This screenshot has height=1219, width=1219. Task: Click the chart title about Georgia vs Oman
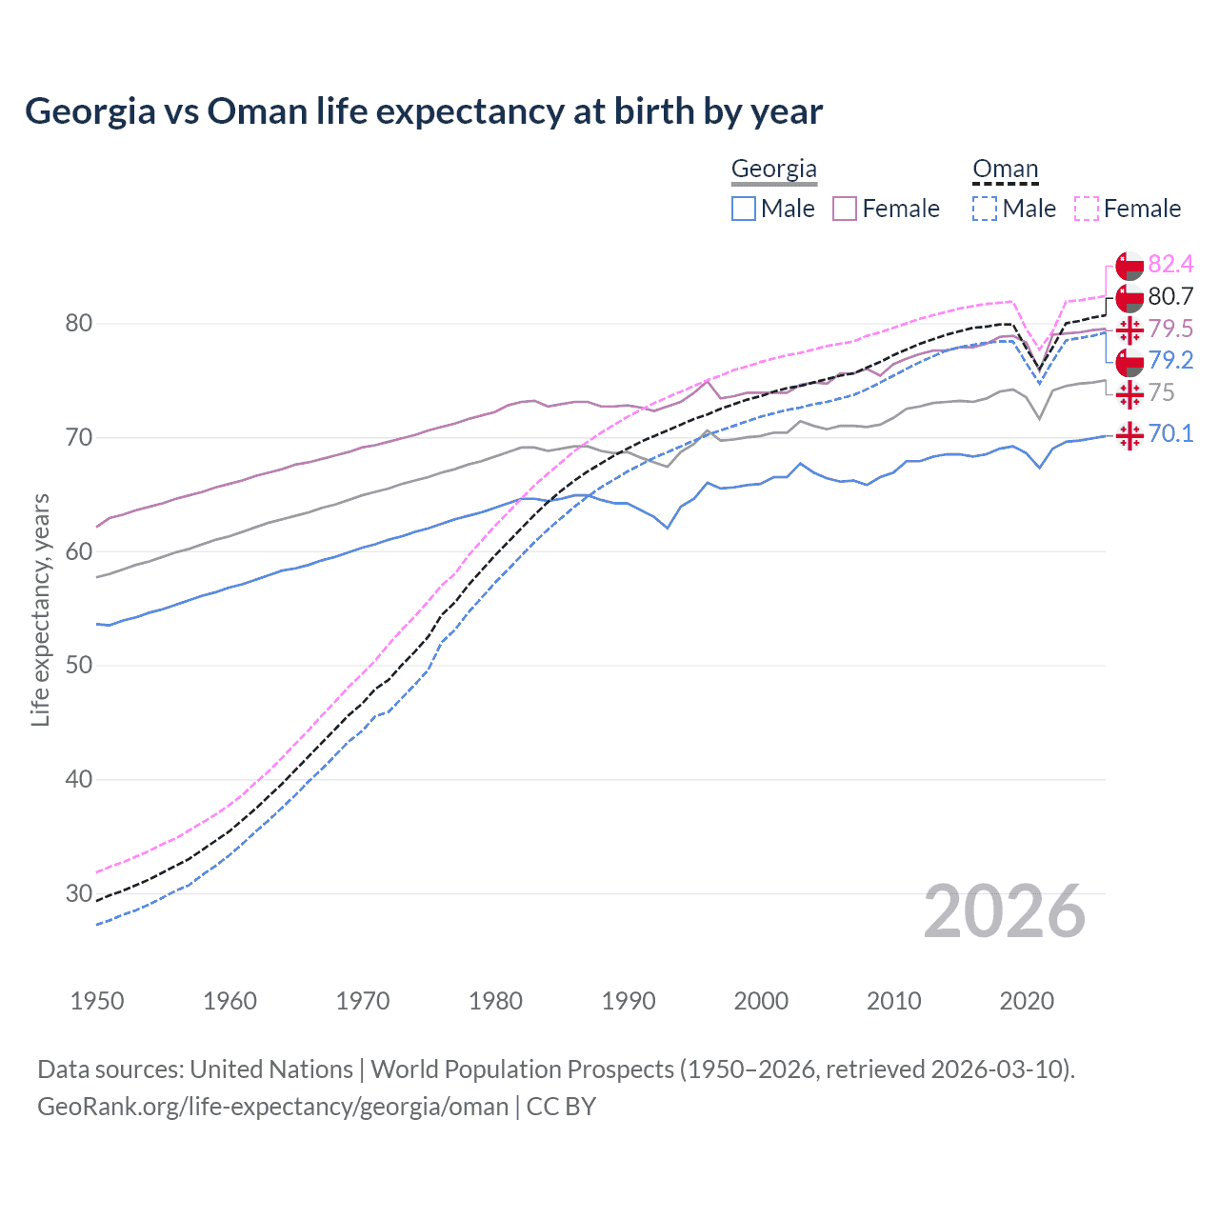[424, 111]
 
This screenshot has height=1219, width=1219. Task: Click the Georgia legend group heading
[773, 170]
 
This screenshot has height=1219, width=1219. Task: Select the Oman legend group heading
[1005, 170]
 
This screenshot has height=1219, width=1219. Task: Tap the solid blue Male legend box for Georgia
[744, 209]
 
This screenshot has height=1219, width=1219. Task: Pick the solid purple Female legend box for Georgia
[845, 209]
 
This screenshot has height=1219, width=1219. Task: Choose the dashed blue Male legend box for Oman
[985, 209]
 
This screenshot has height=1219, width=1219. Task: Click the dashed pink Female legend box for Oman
[1086, 209]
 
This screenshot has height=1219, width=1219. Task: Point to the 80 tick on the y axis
[79, 324]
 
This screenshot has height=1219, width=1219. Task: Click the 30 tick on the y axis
[79, 893]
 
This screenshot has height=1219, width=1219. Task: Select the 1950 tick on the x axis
[97, 1001]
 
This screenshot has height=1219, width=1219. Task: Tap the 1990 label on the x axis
[629, 1001]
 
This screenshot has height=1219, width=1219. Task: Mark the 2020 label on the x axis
[1027, 1001]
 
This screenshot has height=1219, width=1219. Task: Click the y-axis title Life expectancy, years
[40, 609]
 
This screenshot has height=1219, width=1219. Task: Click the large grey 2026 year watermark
[1004, 912]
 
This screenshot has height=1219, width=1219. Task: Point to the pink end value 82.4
[1170, 265]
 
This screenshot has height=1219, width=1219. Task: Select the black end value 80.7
[1170, 297]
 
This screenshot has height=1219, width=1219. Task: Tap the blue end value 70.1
[1170, 434]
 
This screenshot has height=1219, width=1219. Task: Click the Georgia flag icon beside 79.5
[1129, 330]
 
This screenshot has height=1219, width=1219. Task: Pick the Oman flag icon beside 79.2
[1129, 362]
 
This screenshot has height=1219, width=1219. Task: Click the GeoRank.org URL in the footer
[272, 1107]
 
